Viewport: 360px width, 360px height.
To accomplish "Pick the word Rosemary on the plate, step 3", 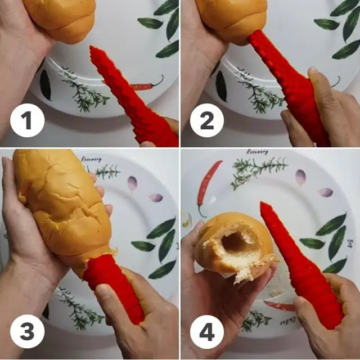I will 92,159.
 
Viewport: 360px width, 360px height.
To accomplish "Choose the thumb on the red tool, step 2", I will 318,84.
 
